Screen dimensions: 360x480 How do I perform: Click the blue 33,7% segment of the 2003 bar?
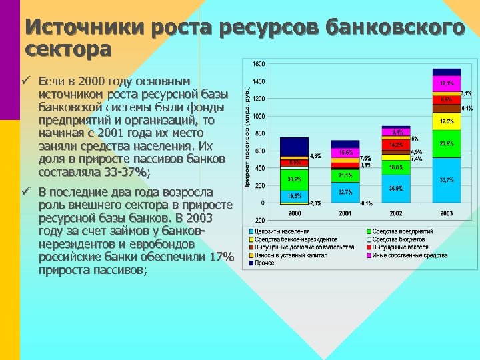[x=446, y=180]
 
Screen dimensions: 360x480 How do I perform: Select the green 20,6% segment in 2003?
[x=446, y=143]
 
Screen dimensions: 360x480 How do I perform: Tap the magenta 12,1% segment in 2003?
[x=446, y=84]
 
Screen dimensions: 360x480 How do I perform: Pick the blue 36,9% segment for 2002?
[x=396, y=188]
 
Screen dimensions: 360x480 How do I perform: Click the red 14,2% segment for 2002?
[x=396, y=144]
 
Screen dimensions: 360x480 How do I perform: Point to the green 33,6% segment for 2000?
[x=294, y=179]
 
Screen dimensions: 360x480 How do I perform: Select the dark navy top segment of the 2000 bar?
[x=294, y=146]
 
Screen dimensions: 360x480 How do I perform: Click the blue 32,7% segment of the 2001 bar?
[x=345, y=192]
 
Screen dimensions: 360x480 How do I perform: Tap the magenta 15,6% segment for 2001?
[x=345, y=153]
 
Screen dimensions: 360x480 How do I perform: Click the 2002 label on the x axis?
[x=396, y=213]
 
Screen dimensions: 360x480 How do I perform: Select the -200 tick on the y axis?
[x=258, y=221]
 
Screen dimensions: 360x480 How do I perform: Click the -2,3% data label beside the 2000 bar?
[x=315, y=203]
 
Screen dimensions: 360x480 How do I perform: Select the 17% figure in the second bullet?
[x=221, y=257]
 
